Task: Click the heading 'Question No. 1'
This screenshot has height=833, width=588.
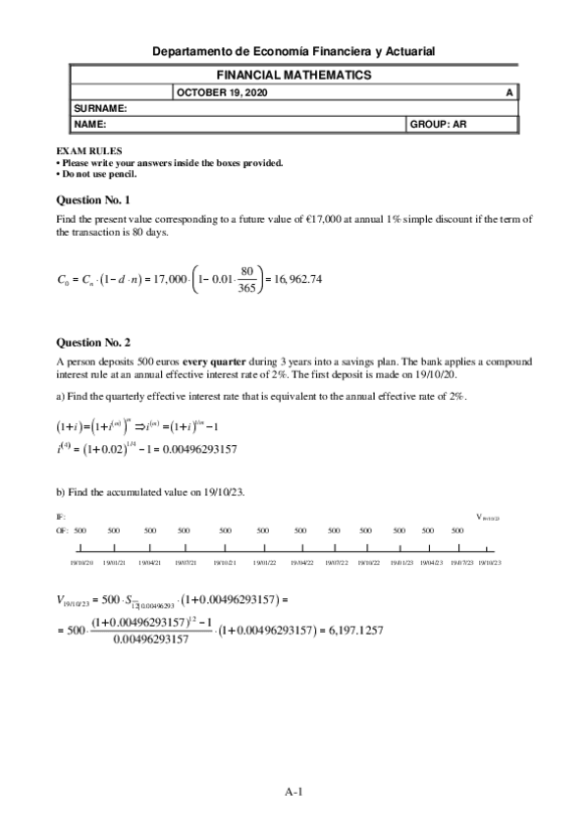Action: click(94, 199)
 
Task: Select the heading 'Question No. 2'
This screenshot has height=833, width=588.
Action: click(94, 343)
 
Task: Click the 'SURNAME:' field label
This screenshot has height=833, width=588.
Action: click(101, 108)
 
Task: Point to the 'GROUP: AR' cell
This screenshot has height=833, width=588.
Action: click(438, 125)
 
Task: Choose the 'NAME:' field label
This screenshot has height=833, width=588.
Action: click(90, 125)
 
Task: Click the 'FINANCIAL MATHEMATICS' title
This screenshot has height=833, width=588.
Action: click(294, 75)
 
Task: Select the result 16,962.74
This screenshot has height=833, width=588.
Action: click(294, 278)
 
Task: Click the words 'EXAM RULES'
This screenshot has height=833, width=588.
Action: click(88, 151)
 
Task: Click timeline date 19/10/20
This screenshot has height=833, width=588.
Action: click(81, 563)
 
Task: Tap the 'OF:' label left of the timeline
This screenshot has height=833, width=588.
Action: click(61, 529)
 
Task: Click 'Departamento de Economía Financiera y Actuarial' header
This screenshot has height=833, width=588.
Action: click(294, 50)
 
